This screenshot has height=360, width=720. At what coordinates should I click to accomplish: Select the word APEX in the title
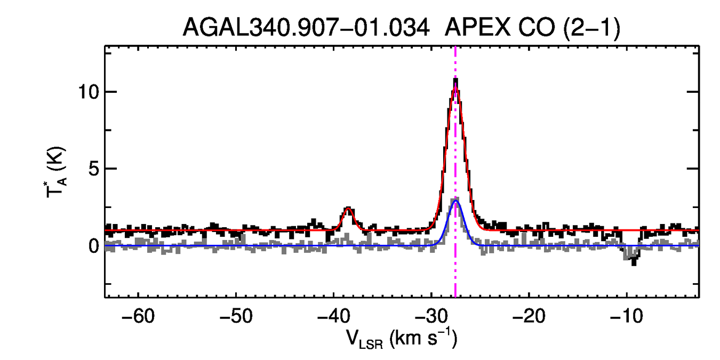477,27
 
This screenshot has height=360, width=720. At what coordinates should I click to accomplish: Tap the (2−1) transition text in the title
591,27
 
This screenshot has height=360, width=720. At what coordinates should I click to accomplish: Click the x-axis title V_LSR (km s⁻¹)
402,339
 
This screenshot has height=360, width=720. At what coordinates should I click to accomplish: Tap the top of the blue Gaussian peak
455,201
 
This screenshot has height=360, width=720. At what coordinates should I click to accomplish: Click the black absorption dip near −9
634,261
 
